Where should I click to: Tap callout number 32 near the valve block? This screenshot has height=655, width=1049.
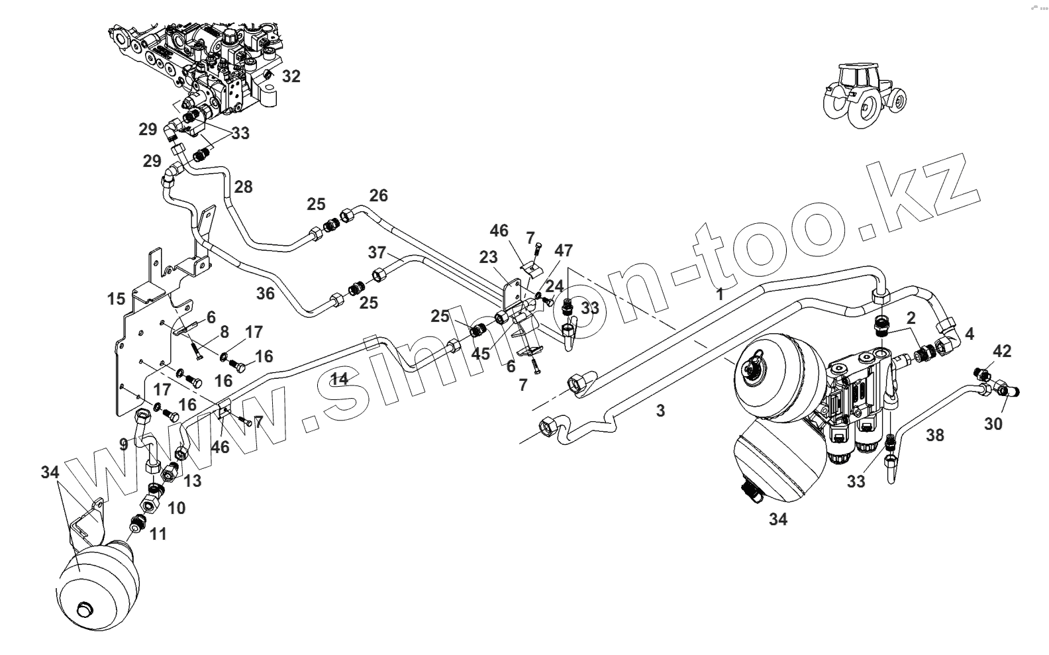[x=291, y=76]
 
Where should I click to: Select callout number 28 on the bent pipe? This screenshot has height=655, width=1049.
[x=243, y=187]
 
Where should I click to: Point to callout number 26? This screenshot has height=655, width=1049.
[x=378, y=195]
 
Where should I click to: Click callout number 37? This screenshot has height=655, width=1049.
[x=377, y=252]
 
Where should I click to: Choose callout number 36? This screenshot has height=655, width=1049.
[x=265, y=293]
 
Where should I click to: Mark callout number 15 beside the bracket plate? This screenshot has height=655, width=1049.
[x=116, y=299]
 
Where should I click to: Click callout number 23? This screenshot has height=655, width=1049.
[x=488, y=257]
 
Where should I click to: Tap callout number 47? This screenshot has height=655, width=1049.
[x=564, y=250]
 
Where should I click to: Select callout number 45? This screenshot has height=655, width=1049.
[x=481, y=354]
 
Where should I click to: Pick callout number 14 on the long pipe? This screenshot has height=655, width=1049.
[x=340, y=379]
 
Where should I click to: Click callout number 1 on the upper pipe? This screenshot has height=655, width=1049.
[x=720, y=295]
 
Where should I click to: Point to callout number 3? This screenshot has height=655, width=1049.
[x=660, y=411]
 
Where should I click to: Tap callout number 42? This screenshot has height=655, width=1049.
[x=1002, y=351]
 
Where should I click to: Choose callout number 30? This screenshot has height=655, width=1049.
[x=993, y=424]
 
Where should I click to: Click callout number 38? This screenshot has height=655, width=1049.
[x=935, y=435]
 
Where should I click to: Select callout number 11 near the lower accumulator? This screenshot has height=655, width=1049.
[x=158, y=533]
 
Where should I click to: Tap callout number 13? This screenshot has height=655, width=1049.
[x=192, y=480]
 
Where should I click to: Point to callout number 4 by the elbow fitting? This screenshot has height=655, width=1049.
[x=970, y=334]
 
